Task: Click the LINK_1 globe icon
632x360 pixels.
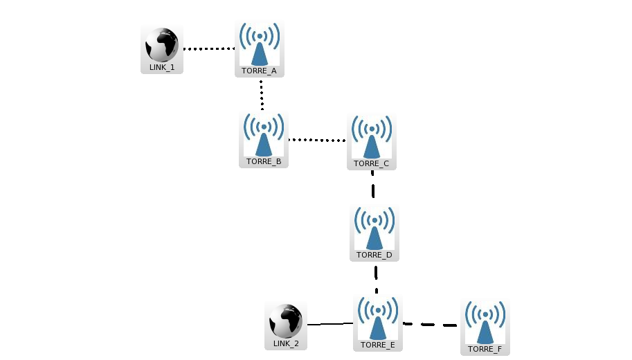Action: [x=162, y=45]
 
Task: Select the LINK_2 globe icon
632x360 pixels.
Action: [x=285, y=321]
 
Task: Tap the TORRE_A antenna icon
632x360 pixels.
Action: [x=259, y=44]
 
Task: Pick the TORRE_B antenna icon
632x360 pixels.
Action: [x=263, y=134]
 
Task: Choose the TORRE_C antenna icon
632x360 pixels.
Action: [x=372, y=136]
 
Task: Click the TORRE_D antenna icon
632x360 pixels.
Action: [x=374, y=228]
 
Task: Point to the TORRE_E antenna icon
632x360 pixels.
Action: [x=377, y=318]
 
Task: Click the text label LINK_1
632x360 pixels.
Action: [x=162, y=68]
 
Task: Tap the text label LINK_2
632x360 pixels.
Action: [x=286, y=343]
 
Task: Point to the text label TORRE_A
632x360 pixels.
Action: [x=259, y=71]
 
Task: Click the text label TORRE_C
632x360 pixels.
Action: [x=372, y=164]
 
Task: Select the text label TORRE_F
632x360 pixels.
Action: [x=485, y=349]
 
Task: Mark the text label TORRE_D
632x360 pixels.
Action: [x=374, y=255]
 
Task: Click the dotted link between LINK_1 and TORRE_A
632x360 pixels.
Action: [x=209, y=49]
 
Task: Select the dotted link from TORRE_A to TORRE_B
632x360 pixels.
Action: [x=262, y=94]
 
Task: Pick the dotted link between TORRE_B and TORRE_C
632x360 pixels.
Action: [x=316, y=140]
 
